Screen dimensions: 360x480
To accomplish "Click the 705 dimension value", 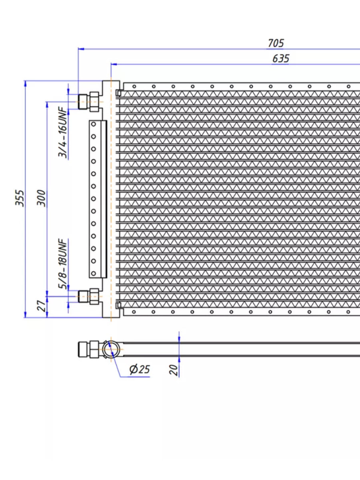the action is click(276, 43).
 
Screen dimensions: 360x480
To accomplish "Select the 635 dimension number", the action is click(281, 58).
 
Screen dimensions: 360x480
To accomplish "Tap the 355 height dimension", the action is click(20, 198).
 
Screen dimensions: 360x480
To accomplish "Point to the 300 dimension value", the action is click(41, 198).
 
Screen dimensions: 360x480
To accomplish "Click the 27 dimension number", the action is click(42, 306).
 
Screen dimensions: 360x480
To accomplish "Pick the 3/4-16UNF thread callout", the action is click(62, 132).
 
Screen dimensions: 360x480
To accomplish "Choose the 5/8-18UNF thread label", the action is click(62, 264).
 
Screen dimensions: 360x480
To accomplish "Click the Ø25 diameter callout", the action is click(140, 369).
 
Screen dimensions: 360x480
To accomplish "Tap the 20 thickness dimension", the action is click(174, 370).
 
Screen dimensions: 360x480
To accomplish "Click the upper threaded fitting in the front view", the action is click(88, 102).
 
